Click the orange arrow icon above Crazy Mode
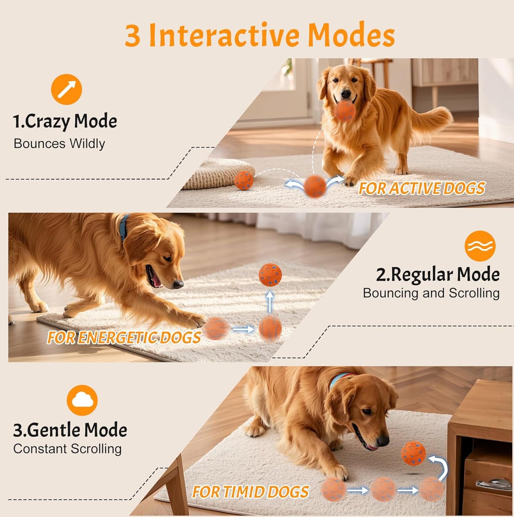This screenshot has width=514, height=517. (67, 89)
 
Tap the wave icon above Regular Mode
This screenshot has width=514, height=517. (480, 246)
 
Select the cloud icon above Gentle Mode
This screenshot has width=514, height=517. (82, 400)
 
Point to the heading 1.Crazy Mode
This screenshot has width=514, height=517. (65, 121)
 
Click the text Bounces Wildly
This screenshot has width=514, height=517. (59, 144)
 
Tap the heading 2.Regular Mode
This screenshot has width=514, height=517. (438, 275)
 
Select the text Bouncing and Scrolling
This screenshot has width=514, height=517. (431, 293)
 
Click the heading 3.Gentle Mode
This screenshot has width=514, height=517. (70, 430)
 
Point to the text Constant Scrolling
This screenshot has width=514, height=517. (68, 449)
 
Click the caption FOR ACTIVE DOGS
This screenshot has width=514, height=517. (422, 188)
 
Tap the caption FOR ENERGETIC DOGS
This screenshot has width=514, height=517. (124, 337)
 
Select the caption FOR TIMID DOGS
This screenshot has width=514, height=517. (250, 492)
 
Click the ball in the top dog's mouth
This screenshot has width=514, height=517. (344, 111)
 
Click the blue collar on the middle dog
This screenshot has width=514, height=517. (124, 227)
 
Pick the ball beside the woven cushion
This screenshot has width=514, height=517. (244, 180)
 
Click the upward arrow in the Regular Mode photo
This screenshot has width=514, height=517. (270, 302)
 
